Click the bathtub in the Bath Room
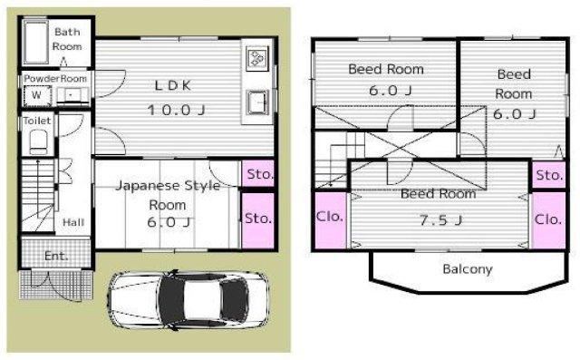click(35, 42)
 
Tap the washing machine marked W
click(37, 95)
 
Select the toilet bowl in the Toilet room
click(38, 141)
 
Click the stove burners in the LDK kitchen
click(257, 58)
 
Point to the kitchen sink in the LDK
click(257, 102)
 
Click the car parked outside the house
click(188, 299)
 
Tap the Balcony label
click(468, 269)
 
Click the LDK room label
click(173, 85)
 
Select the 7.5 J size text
click(440, 220)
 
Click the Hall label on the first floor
click(73, 222)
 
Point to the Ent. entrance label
click(56, 256)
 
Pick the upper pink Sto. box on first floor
click(257, 173)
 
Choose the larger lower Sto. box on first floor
click(257, 220)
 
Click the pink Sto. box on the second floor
click(549, 175)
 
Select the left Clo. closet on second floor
click(330, 220)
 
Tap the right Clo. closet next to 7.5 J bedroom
click(548, 220)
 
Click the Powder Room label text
click(55, 79)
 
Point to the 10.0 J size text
click(176, 110)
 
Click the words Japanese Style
click(168, 185)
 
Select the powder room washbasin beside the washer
click(72, 96)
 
